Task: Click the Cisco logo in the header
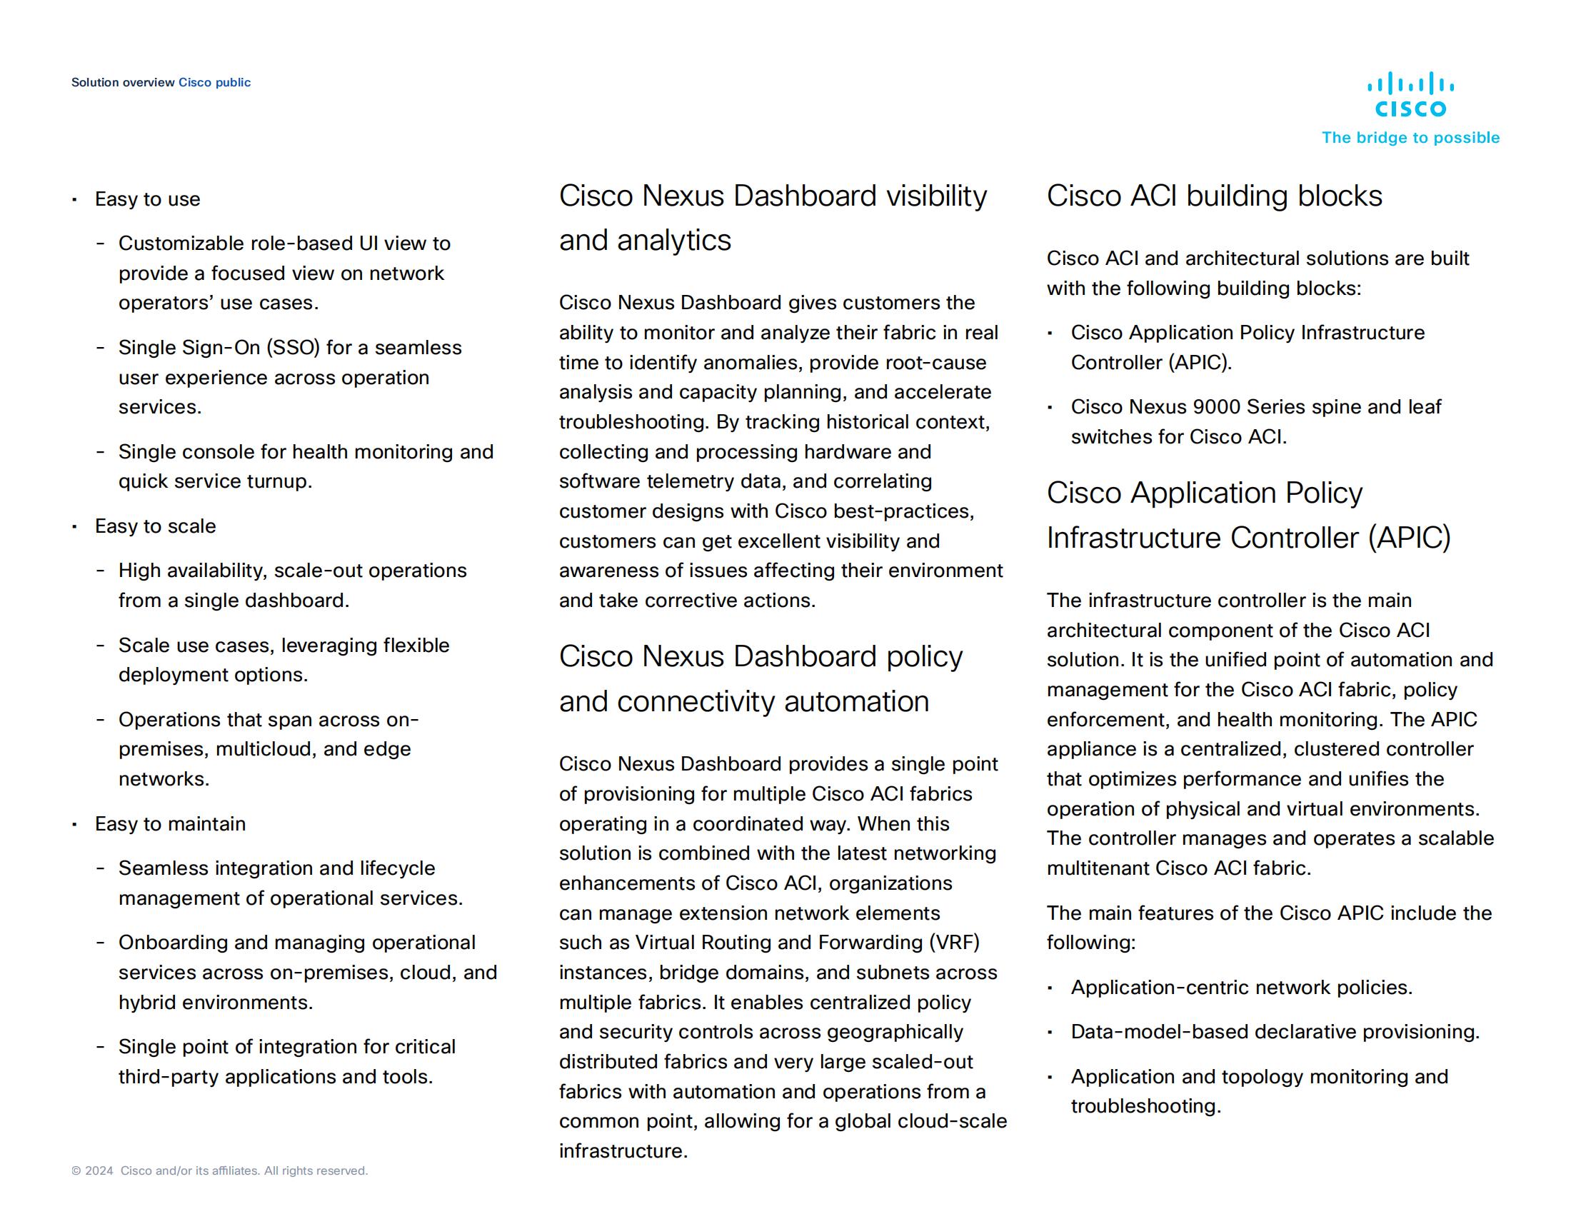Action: [x=1410, y=94]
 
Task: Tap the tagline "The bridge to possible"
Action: [x=1410, y=137]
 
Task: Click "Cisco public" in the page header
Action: [x=214, y=82]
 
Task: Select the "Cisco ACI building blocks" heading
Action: [x=1213, y=196]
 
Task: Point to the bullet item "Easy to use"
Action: [x=148, y=199]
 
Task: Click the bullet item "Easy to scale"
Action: [x=156, y=526]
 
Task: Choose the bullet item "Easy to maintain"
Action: [x=171, y=823]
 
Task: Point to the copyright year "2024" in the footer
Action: [x=99, y=1171]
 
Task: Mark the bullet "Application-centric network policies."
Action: [x=1241, y=988]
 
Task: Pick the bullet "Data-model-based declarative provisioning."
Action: [x=1275, y=1032]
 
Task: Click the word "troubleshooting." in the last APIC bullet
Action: [x=1145, y=1105]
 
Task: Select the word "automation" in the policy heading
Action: [x=856, y=701]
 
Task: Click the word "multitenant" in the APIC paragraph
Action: [x=1098, y=868]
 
